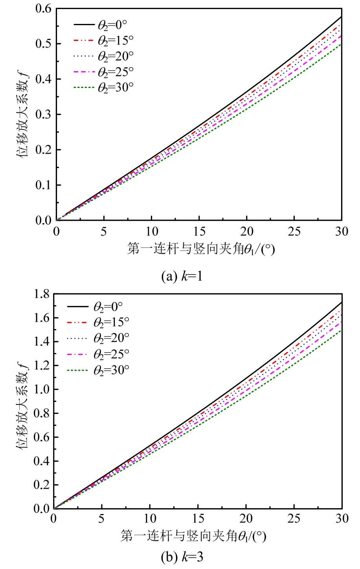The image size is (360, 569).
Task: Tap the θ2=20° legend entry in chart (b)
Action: point(111,338)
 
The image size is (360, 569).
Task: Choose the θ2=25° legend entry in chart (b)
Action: point(111,354)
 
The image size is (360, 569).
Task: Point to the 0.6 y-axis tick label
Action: point(43,8)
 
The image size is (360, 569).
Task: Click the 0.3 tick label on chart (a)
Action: point(43,114)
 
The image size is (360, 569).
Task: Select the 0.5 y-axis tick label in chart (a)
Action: point(43,44)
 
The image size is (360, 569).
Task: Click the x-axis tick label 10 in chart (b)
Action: point(150,519)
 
